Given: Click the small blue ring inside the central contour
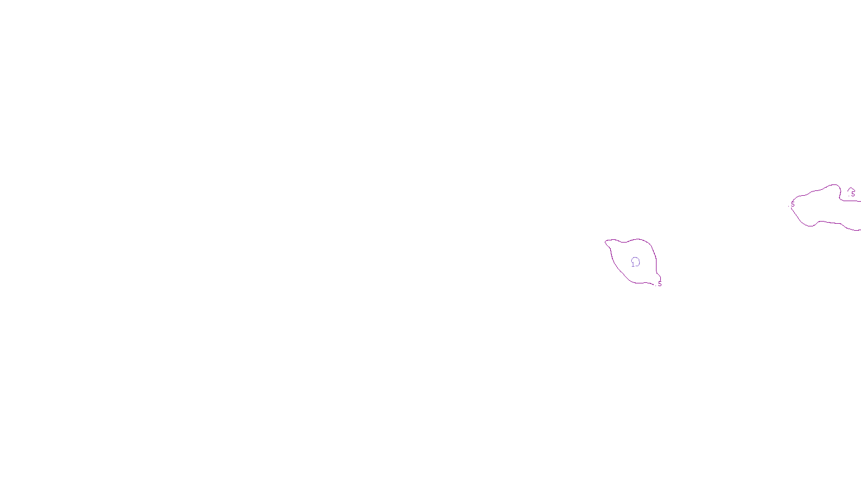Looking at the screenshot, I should tap(636, 261).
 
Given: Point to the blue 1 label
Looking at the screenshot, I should tap(632, 265).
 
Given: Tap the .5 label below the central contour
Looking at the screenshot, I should tap(659, 284).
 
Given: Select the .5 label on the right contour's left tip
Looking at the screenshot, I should tap(792, 204).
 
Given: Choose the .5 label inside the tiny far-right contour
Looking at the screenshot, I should tap(852, 194).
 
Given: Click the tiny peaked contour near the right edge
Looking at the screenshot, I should tap(851, 189).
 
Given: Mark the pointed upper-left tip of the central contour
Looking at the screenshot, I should tap(606, 241).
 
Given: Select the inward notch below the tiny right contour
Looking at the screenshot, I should tap(843, 199).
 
